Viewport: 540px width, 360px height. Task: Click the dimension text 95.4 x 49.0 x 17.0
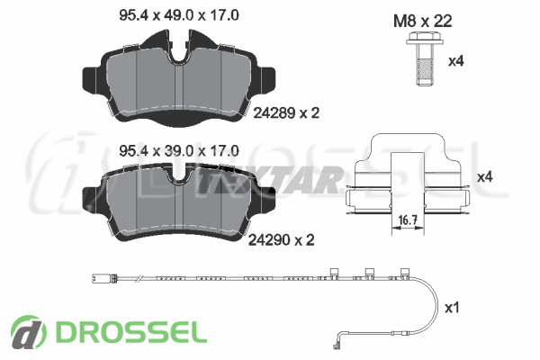179,15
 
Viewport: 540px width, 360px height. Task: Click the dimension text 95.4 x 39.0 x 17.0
179,151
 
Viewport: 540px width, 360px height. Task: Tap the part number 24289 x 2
286,113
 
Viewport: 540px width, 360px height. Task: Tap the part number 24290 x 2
282,240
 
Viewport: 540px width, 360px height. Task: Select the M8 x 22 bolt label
423,22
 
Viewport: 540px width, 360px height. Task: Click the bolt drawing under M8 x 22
424,58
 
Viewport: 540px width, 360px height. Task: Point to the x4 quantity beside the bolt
456,61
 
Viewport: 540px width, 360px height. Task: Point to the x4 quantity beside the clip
485,177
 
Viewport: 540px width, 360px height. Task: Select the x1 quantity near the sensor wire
452,308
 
